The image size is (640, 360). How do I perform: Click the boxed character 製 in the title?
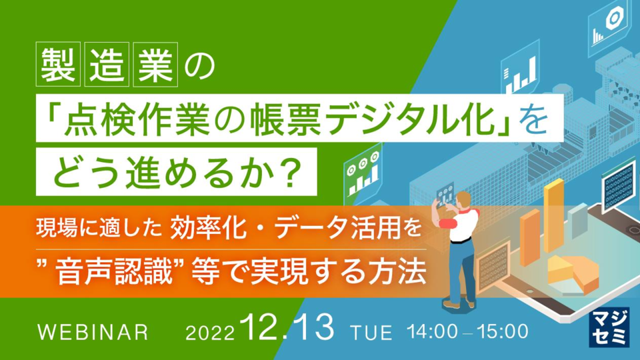pyautogui.click(x=58, y=65)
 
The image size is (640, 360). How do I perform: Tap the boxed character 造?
pyautogui.click(x=107, y=65)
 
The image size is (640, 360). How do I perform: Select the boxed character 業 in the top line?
pyautogui.click(x=155, y=65)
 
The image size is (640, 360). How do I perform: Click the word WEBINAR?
pyautogui.click(x=93, y=332)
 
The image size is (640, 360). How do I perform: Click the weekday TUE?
pyautogui.click(x=371, y=333)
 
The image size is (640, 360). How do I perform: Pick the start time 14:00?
pyautogui.click(x=433, y=331)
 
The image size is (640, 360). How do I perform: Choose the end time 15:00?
pyautogui.click(x=503, y=331)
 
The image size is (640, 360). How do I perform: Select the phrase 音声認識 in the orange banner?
pyautogui.click(x=115, y=272)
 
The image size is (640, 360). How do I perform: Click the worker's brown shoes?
pyautogui.click(x=459, y=304)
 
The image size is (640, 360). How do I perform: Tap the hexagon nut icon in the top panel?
pyautogui.click(x=613, y=19)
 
